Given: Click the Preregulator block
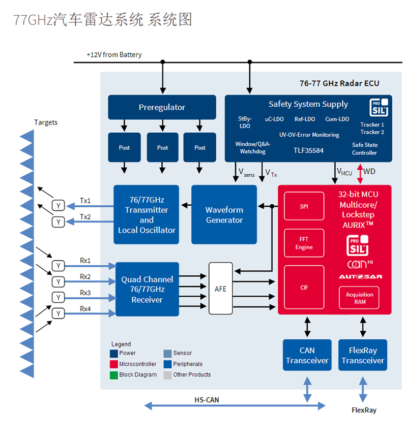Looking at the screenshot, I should coord(162,107).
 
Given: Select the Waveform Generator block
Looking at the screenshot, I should coord(224,214).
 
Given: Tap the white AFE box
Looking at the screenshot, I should coord(220,288).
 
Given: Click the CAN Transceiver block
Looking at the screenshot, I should coord(307,355).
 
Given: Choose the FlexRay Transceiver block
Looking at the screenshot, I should coord(363,355).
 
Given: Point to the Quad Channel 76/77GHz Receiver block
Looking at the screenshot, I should coord(147,289).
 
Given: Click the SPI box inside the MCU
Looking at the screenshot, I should coord(304,206).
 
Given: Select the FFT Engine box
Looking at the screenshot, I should coord(304,243).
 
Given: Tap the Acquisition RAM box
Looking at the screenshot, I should coord(359,298).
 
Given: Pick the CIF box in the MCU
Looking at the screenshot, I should coord(304,287).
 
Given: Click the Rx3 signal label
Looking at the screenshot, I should coord(85,293).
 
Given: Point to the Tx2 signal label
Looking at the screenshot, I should coord(85,217).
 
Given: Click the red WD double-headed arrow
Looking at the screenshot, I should coord(360,174).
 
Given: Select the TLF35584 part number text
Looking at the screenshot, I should coord(308,150).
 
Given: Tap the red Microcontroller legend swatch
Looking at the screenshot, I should coord(113,364).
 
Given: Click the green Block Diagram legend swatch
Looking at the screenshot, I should coord(113,375).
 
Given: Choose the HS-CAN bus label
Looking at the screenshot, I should coord(207,400).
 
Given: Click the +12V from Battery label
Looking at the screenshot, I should coord(114,55).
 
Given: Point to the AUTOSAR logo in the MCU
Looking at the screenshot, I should coord(360,276).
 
